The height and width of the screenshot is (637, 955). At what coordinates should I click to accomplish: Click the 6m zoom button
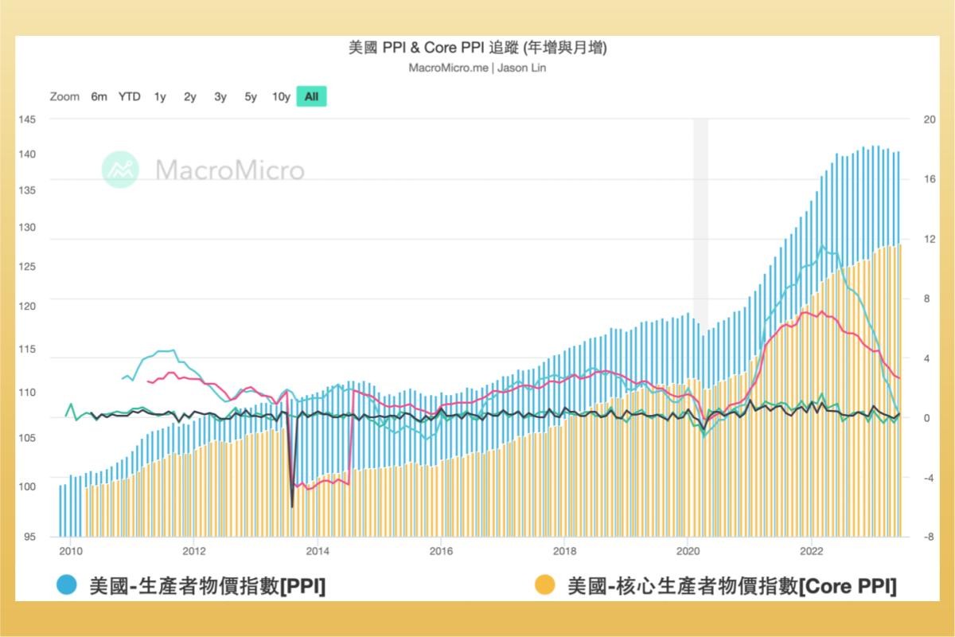pyautogui.click(x=99, y=97)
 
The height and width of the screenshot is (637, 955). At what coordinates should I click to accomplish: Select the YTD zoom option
pyautogui.click(x=129, y=97)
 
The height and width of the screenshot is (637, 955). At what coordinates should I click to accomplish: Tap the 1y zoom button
pyautogui.click(x=160, y=97)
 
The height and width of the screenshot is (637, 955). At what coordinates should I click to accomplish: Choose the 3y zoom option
pyautogui.click(x=220, y=97)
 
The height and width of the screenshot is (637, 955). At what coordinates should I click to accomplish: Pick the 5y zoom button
pyautogui.click(x=251, y=97)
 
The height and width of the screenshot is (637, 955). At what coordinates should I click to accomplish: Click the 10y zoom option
pyautogui.click(x=281, y=97)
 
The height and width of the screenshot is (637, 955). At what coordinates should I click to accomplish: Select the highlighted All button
pyautogui.click(x=311, y=97)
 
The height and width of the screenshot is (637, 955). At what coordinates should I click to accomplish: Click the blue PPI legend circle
pyautogui.click(x=67, y=586)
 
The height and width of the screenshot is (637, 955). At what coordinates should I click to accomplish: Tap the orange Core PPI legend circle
pyautogui.click(x=545, y=586)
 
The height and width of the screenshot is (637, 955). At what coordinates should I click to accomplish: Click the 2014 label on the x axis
pyautogui.click(x=318, y=550)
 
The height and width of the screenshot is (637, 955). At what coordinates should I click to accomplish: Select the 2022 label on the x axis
pyautogui.click(x=811, y=550)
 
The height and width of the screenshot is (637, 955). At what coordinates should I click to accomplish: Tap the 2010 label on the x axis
pyautogui.click(x=71, y=550)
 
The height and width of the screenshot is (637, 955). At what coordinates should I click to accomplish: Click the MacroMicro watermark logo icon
pyautogui.click(x=120, y=170)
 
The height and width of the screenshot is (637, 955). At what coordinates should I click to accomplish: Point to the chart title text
pyautogui.click(x=477, y=48)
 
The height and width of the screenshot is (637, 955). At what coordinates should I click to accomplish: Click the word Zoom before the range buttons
pyautogui.click(x=64, y=97)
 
